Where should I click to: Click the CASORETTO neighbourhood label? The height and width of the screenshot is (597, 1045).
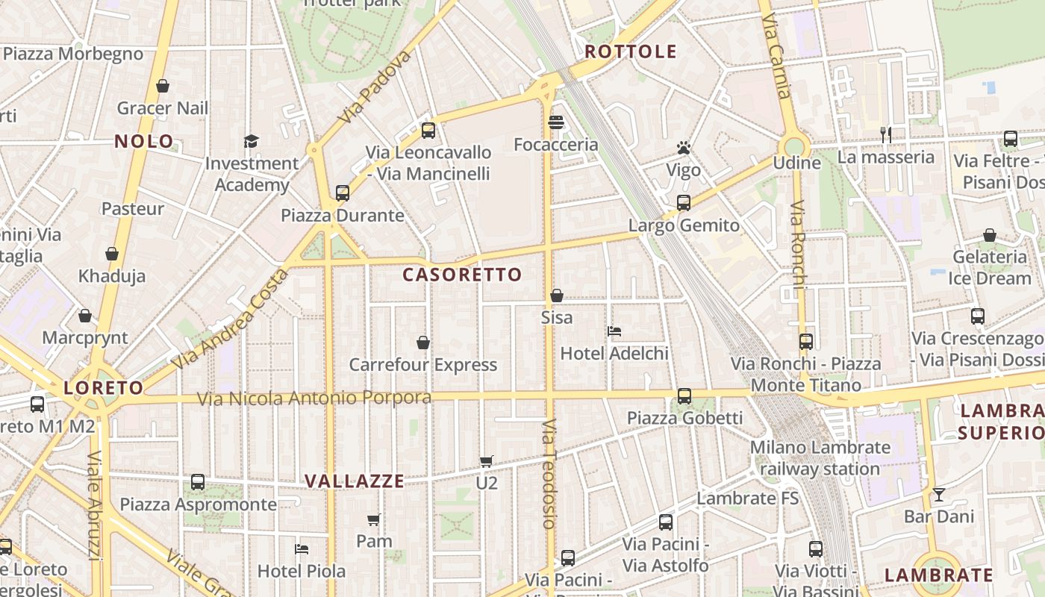click(x=462, y=275)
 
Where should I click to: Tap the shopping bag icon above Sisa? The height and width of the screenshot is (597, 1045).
click(x=556, y=296)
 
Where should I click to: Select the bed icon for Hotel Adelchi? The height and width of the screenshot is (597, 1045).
click(x=614, y=331)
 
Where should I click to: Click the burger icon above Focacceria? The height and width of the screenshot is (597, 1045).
click(x=555, y=122)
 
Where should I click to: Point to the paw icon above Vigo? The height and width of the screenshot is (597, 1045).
click(x=683, y=148)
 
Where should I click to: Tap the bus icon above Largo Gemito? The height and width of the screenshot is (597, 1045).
click(x=683, y=203)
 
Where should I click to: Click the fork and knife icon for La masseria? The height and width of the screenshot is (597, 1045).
click(x=885, y=134)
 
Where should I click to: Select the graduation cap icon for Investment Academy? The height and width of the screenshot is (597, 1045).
click(x=251, y=141)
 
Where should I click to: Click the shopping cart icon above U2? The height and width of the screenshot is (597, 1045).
click(x=486, y=462)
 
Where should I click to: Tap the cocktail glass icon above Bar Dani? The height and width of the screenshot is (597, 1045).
click(x=938, y=494)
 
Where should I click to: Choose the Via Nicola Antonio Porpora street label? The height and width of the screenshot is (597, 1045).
click(x=314, y=398)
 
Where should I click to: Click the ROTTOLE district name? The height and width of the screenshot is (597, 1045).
click(x=631, y=51)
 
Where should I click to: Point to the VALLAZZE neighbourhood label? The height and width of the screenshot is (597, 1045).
click(x=355, y=481)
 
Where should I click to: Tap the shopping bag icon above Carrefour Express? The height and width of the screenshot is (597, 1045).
click(x=423, y=343)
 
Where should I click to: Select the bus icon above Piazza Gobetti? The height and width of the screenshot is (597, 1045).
click(x=684, y=396)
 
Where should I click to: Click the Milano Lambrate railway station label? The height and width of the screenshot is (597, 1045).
click(x=820, y=458)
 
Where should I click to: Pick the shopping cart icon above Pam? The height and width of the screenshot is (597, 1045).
click(x=374, y=519)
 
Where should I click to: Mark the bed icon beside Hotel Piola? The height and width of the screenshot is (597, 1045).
click(x=302, y=549)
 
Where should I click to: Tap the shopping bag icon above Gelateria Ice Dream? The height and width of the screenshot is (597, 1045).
click(x=989, y=236)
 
